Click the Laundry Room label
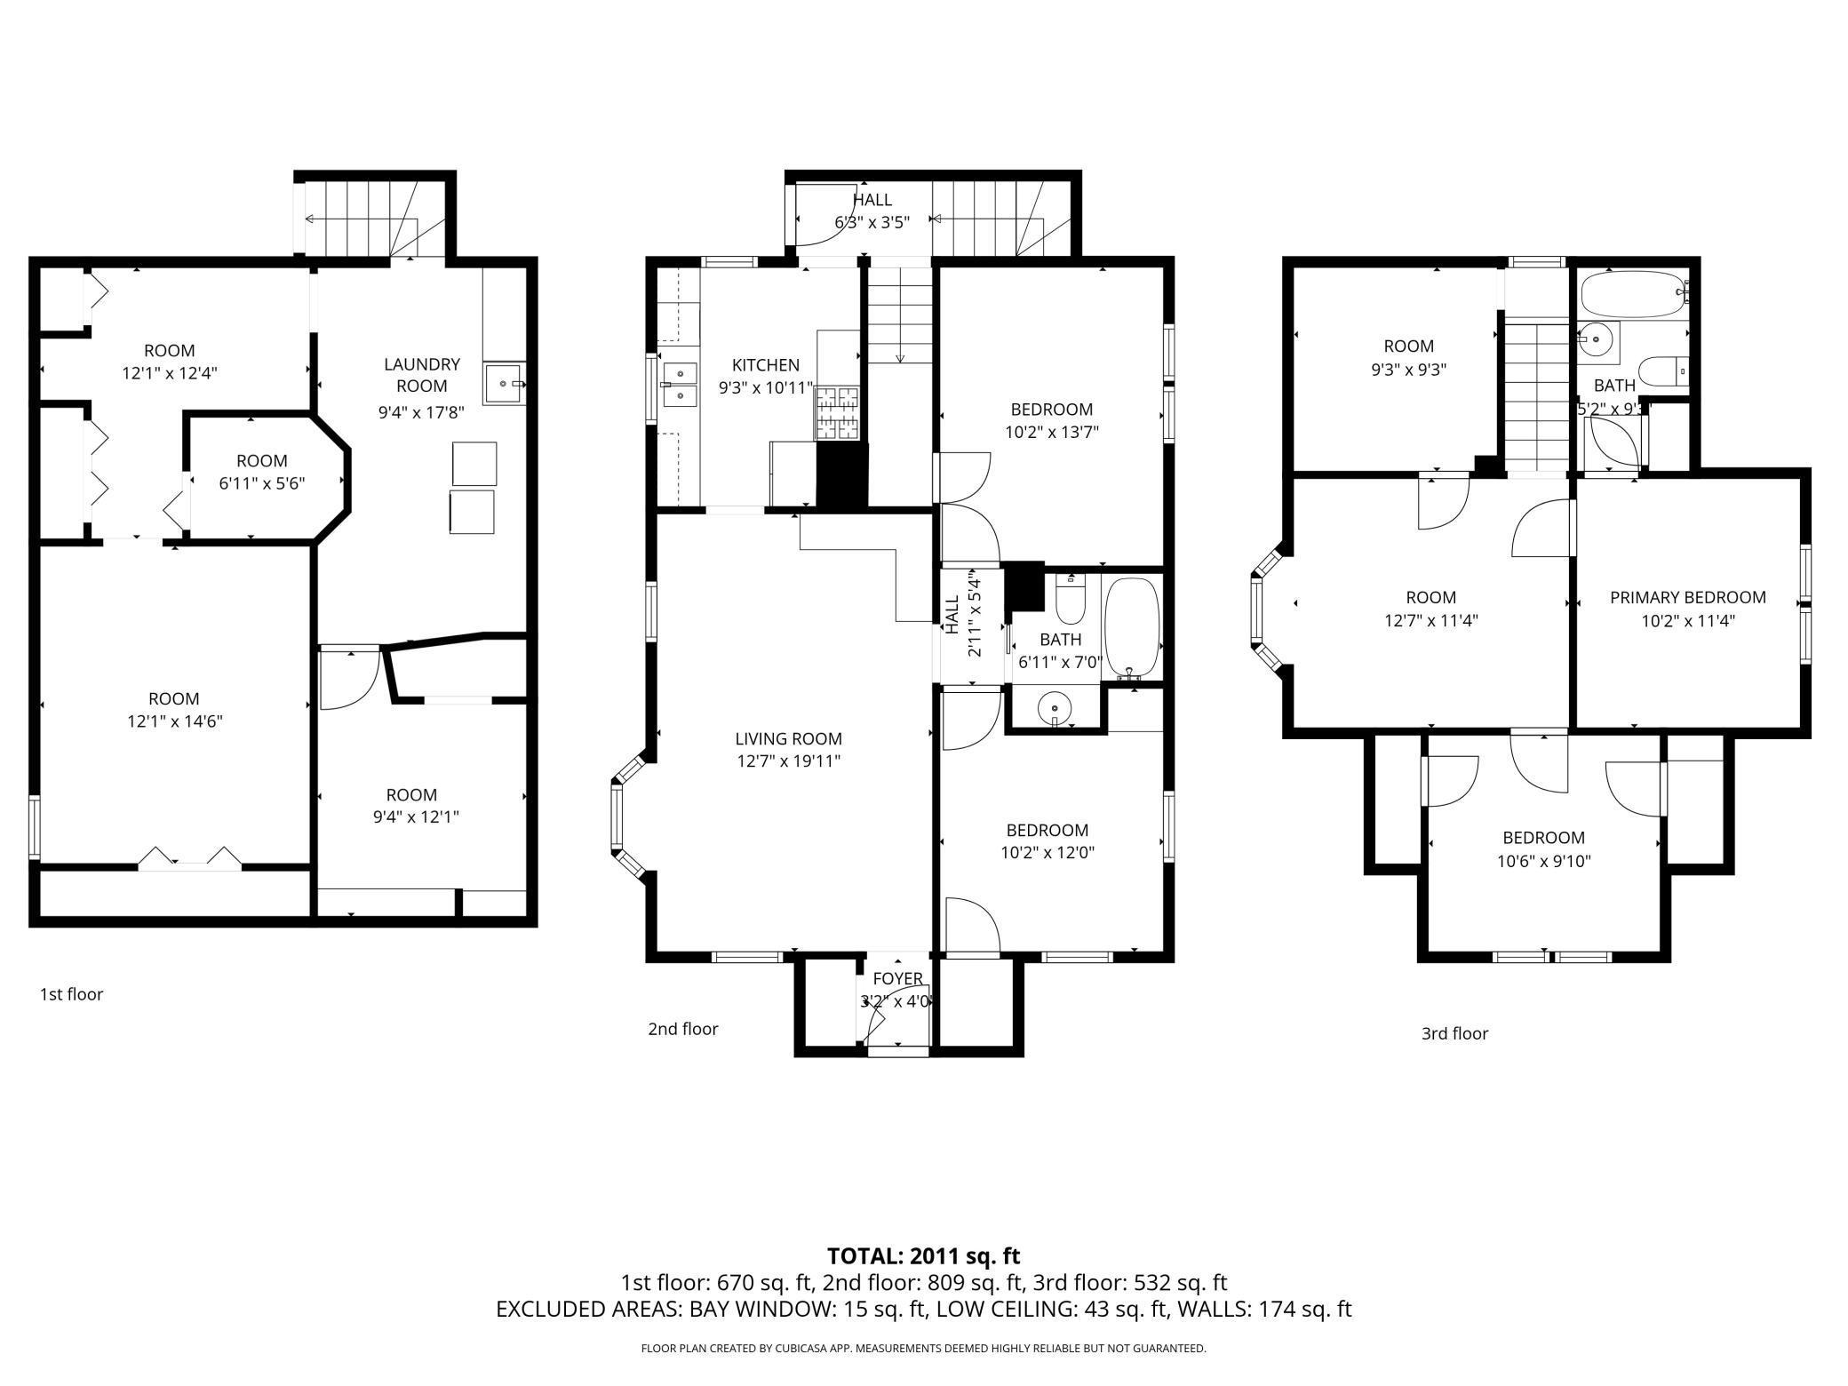(x=422, y=375)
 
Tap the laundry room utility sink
(x=506, y=384)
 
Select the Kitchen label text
(x=766, y=365)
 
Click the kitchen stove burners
(x=838, y=414)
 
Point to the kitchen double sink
(x=679, y=384)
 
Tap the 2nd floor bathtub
(x=1131, y=628)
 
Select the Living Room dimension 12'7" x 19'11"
(x=788, y=761)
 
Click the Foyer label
(x=897, y=978)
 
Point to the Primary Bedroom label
(x=1687, y=598)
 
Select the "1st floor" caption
(x=71, y=994)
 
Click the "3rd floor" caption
(x=1454, y=1033)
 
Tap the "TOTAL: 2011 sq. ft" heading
(x=923, y=1256)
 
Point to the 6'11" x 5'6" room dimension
(x=262, y=484)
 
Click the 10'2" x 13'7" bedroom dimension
(x=1052, y=433)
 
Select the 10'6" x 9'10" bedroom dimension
(x=1543, y=861)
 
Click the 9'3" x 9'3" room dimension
(x=1408, y=370)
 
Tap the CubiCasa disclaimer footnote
(x=923, y=1349)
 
